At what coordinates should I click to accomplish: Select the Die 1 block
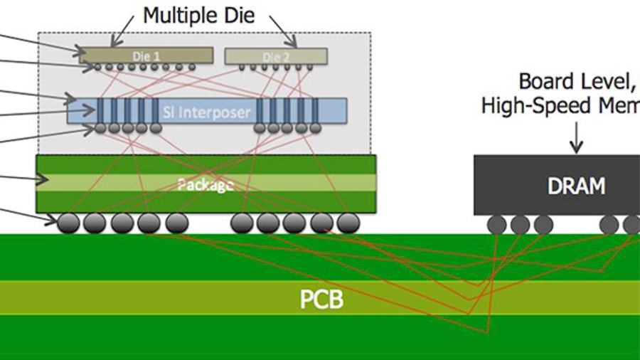click(x=145, y=55)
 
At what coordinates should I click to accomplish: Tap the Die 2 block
click(x=276, y=56)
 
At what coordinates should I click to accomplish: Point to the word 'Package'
click(x=206, y=185)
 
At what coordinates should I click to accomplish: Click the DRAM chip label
click(x=576, y=186)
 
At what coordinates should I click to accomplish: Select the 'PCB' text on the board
click(x=321, y=300)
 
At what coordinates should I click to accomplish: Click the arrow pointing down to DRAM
click(x=576, y=141)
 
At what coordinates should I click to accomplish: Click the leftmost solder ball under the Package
click(x=69, y=223)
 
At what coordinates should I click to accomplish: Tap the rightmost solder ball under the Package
click(x=347, y=223)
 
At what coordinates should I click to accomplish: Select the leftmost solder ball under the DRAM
click(x=496, y=225)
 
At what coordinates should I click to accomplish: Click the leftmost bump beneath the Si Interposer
click(x=101, y=129)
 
